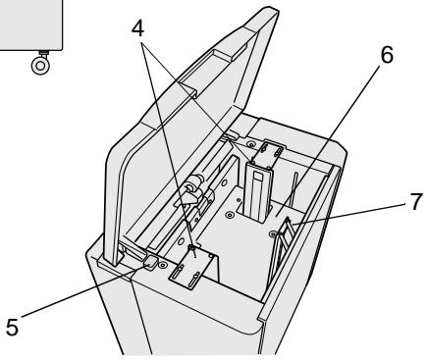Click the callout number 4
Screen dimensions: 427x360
[x=137, y=28]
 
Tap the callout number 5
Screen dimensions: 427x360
[x=12, y=327]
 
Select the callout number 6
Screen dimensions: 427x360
[x=387, y=55]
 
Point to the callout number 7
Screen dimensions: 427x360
[x=416, y=202]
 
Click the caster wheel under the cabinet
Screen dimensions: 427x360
[x=41, y=65]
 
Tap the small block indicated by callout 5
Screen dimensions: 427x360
[x=151, y=262]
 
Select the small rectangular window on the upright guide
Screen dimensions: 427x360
[x=258, y=177]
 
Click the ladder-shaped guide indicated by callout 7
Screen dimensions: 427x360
[x=282, y=243]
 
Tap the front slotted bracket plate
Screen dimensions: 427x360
[x=192, y=266]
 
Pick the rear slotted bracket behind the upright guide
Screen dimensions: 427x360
[x=268, y=153]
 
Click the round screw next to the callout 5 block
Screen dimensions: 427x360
[x=162, y=265]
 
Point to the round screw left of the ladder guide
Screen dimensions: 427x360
[x=273, y=233]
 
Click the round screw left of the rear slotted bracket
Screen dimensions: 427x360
[x=251, y=144]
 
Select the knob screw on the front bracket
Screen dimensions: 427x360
[x=192, y=248]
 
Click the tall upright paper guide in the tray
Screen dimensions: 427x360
[x=257, y=191]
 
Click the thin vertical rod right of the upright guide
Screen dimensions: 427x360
[x=294, y=189]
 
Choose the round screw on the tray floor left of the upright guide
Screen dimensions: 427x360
[x=231, y=215]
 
